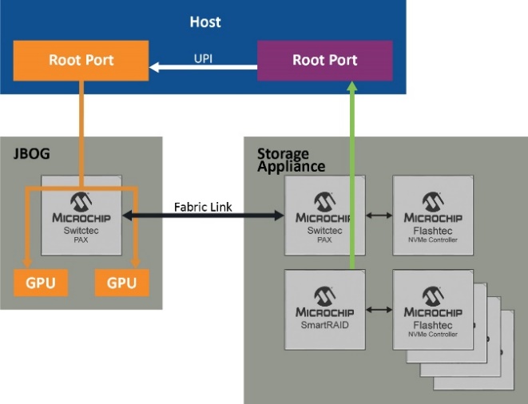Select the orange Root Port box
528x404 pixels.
coord(81,60)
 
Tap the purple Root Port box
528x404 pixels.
coord(324,61)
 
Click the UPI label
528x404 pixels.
coord(203,57)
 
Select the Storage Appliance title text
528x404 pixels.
coord(291,160)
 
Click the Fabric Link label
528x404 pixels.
coord(204,207)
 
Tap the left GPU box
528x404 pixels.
coord(40,283)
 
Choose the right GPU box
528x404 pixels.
coord(121,283)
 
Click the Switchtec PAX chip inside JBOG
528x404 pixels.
coord(81,216)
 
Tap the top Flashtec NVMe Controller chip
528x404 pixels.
coord(433,216)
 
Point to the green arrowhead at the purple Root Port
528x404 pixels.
coord(351,88)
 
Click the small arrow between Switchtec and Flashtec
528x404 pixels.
coord(379,216)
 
